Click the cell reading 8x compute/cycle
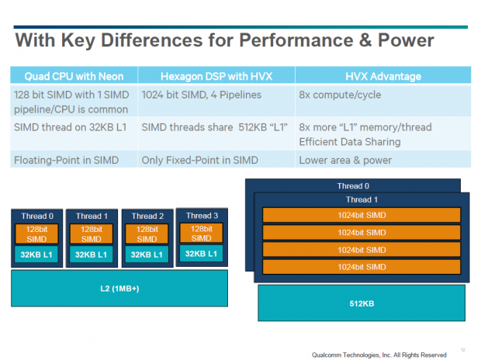(336, 95)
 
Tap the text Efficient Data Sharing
(350, 141)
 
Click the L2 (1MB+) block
(119, 288)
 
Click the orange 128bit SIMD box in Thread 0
(36, 234)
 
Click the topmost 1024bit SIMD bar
(362, 215)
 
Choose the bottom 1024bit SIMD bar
(362, 267)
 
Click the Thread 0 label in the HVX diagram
(354, 186)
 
